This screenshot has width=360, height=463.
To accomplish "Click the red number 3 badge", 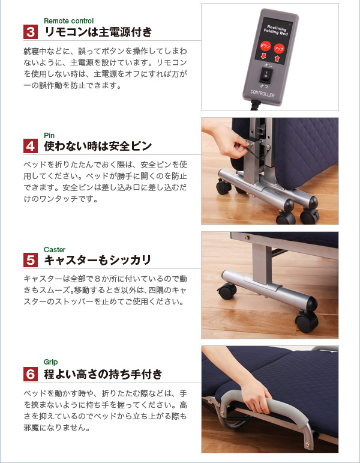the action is [x=31, y=32].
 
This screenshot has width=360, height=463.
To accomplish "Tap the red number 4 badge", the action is [x=31, y=146].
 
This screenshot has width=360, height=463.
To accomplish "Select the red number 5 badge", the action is [x=31, y=260].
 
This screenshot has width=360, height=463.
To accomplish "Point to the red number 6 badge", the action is [x=31, y=374].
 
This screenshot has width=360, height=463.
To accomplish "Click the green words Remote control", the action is [x=69, y=21].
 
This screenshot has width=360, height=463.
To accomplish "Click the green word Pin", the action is [x=49, y=135].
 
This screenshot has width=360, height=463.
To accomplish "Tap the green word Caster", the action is [x=55, y=249].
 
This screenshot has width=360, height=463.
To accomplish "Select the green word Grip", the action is [x=51, y=362].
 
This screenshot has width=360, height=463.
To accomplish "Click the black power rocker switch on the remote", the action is [x=266, y=75].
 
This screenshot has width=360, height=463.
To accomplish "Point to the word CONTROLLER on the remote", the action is [x=262, y=94].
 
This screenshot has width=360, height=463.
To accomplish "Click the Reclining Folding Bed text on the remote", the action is [x=276, y=30].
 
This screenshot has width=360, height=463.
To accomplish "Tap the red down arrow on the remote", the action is [x=263, y=56].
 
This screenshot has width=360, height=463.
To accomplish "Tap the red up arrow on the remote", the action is [x=277, y=58].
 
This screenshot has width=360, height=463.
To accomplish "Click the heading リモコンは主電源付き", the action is [x=98, y=32].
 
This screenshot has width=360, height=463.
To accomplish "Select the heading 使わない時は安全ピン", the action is [x=98, y=146].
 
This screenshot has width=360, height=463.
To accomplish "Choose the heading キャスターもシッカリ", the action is [x=98, y=260].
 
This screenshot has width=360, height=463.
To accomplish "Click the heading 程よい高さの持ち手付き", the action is [x=103, y=374].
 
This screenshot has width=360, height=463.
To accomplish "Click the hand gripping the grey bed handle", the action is [x=256, y=396].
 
